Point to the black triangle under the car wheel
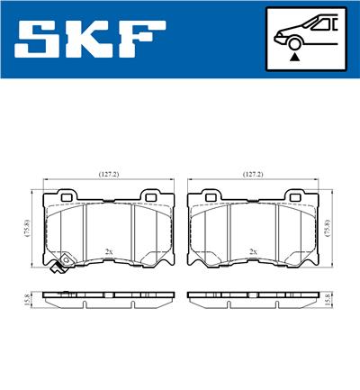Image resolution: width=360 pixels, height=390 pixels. (294, 57)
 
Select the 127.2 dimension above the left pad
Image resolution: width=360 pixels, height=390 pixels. (110, 174)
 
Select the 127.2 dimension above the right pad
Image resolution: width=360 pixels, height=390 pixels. (253, 174)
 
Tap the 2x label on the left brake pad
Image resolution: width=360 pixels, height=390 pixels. (109, 251)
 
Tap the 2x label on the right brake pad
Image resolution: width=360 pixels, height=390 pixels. (253, 251)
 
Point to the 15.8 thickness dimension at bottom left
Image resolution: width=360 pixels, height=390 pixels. (27, 298)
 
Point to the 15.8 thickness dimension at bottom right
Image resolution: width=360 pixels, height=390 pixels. (335, 298)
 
